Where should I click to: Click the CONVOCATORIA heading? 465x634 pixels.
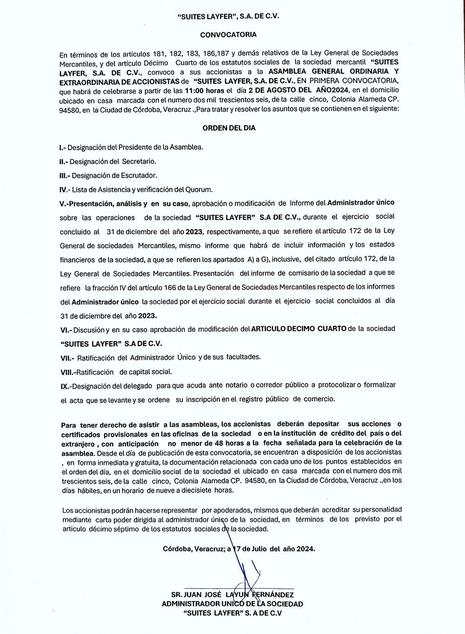(228, 34)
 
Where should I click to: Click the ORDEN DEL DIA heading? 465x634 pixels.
(229, 128)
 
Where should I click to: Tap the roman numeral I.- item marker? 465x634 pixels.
(63, 147)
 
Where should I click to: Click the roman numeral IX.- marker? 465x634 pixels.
(66, 386)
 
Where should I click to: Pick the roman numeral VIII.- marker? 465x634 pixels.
(68, 372)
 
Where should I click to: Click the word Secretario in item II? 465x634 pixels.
(139, 161)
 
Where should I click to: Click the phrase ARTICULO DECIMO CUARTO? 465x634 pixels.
(299, 329)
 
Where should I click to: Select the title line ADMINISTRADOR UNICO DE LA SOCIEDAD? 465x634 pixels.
(232, 604)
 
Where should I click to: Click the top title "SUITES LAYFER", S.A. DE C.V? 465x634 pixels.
(228, 16)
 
